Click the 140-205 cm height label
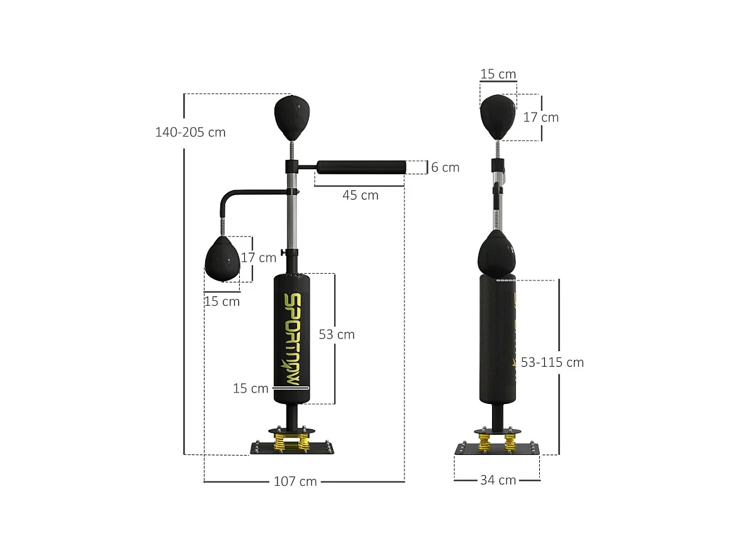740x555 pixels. pos(190,133)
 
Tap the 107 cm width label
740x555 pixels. pos(295,481)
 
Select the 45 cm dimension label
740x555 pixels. pos(361,195)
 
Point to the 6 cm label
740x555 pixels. pos(445,167)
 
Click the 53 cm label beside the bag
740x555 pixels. pos(337,335)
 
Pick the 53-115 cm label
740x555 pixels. pos(552,362)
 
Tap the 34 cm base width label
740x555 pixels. pos(498,480)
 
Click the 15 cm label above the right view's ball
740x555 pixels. pos(498,74)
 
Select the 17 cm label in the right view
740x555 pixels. pos(541,118)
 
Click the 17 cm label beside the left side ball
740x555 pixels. pos(259,257)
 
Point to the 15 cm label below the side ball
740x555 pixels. pos(221,301)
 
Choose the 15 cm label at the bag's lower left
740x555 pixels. pos(250,389)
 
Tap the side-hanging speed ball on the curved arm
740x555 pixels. pos(222,261)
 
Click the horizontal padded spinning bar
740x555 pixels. pos(361,167)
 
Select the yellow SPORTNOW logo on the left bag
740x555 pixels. pos(291,340)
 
